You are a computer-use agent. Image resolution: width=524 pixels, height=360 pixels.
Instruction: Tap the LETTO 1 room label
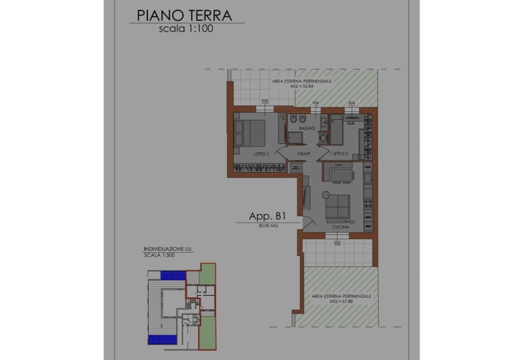pos(262,154)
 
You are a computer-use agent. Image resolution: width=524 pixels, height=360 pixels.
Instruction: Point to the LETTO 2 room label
pos(340,154)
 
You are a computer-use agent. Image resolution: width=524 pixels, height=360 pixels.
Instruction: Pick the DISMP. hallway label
pos(303,154)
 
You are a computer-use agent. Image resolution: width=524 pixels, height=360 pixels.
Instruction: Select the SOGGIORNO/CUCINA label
pos(340,225)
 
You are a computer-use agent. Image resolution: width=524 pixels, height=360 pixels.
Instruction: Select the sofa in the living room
pos(339,206)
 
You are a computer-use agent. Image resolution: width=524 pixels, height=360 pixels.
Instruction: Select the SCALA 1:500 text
pos(159,255)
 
